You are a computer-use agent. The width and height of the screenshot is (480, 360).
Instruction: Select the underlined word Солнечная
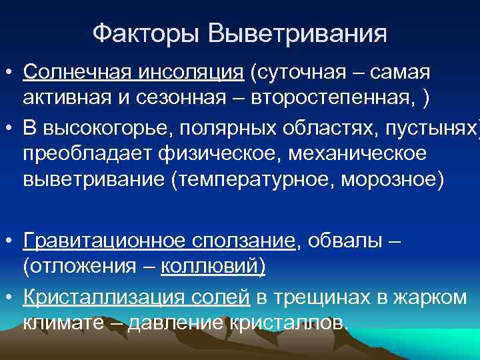click(x=75, y=71)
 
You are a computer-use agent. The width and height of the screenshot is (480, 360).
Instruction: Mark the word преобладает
click(x=86, y=154)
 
